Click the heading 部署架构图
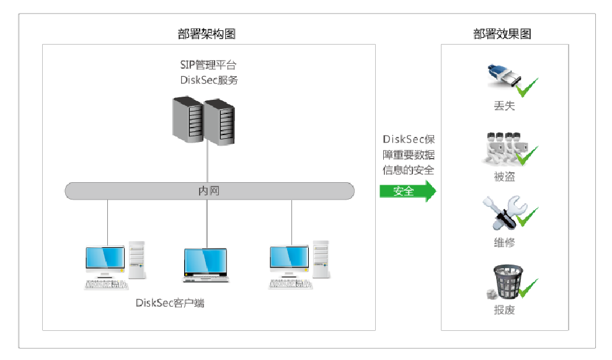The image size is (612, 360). click(x=207, y=34)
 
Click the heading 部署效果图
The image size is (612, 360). click(x=502, y=34)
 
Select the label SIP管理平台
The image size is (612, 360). click(x=207, y=64)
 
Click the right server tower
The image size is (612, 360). click(x=220, y=122)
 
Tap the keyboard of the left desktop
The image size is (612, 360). click(x=106, y=284)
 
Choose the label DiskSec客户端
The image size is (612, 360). click(x=170, y=303)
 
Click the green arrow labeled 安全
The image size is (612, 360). click(x=407, y=191)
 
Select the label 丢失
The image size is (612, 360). click(x=504, y=106)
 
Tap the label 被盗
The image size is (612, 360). click(x=504, y=177)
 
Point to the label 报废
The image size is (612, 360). click(x=504, y=310)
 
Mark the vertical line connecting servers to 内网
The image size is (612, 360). click(x=207, y=164)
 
